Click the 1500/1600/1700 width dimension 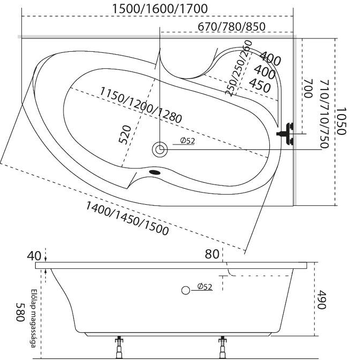point(160,9)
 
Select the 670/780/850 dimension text point(231,27)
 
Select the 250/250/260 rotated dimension point(238,69)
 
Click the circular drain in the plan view point(159,149)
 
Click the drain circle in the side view point(186,290)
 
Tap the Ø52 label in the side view point(204,287)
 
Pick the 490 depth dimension point(322,300)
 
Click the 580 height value point(20,312)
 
